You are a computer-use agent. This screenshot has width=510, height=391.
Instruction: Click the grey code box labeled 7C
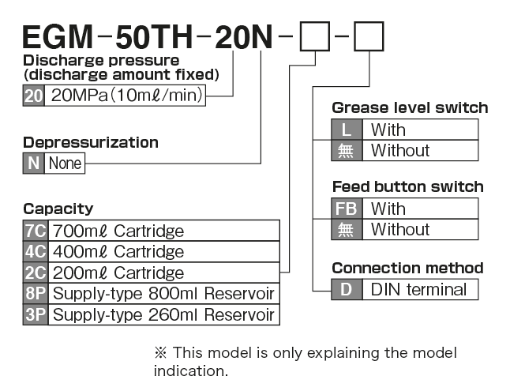point(36,231)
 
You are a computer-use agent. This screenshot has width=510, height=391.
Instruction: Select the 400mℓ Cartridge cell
point(163,252)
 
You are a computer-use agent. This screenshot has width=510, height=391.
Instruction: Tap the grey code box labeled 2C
point(36,273)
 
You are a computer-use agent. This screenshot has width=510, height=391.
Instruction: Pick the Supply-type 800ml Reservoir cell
point(163,294)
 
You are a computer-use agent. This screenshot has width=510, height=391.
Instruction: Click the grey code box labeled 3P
point(36,315)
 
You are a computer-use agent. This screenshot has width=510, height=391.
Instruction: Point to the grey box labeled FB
point(347,209)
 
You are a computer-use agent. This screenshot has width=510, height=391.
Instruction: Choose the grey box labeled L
point(347,130)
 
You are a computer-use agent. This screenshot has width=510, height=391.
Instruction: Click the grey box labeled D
point(347,289)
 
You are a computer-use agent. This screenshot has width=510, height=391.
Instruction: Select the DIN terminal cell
point(419,289)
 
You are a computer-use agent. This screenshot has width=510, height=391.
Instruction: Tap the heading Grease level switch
point(410,107)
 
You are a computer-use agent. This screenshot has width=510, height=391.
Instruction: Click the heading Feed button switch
point(407,187)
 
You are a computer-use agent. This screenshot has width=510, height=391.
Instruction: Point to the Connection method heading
point(407,268)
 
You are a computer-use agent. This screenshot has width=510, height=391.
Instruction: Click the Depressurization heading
point(91,142)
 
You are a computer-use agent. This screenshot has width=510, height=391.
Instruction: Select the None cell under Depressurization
point(65,164)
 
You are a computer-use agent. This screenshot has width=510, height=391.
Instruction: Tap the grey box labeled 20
point(34,96)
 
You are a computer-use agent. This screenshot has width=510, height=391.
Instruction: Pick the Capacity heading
point(58,209)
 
